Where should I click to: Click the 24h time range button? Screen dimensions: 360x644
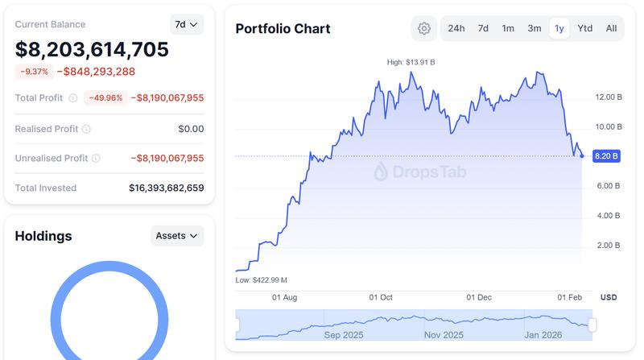(x=456, y=28)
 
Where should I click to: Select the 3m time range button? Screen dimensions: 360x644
(x=535, y=28)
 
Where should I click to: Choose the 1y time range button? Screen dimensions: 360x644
(x=559, y=28)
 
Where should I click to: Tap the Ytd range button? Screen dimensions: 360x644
(x=585, y=28)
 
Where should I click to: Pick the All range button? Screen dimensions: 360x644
(x=611, y=28)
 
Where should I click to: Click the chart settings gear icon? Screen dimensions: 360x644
(x=424, y=28)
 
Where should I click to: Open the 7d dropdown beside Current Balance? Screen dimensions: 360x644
(x=187, y=24)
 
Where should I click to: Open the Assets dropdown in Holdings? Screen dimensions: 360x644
(x=177, y=236)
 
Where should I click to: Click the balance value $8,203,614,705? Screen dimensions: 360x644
(x=92, y=50)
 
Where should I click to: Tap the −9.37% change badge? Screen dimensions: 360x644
(x=34, y=72)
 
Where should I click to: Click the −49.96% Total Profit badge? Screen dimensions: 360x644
(x=105, y=98)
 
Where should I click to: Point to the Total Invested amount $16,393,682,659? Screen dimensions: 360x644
(x=167, y=188)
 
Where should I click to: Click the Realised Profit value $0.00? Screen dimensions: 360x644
(x=191, y=128)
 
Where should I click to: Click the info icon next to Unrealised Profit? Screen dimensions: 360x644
(x=96, y=159)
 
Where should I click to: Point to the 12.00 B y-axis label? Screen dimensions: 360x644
(x=608, y=97)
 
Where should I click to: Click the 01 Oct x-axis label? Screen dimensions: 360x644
(x=381, y=297)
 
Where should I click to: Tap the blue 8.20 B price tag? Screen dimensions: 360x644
(x=605, y=156)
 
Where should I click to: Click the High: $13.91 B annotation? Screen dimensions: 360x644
(x=411, y=62)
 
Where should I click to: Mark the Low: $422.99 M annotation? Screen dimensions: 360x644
(x=262, y=279)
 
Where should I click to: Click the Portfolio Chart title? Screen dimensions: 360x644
(x=283, y=29)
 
